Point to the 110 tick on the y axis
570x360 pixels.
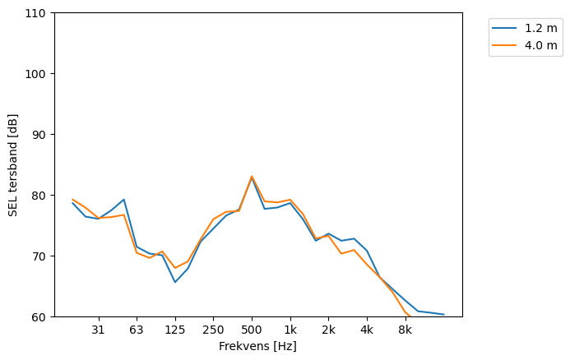(37, 13)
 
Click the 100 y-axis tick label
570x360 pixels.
(37, 74)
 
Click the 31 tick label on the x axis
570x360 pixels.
(98, 330)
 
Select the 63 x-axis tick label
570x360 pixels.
(137, 330)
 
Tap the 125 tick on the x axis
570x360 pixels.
(174, 330)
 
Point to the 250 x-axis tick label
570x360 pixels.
(213, 330)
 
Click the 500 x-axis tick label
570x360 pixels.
(252, 330)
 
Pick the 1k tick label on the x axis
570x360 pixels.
(290, 330)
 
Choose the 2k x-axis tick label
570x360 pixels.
(328, 330)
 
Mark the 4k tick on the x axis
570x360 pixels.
(367, 330)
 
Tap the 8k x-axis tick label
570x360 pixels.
(405, 330)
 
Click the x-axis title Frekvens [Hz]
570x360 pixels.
(257, 346)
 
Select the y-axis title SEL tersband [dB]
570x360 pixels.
(13, 164)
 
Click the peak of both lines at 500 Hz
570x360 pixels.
(252, 177)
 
